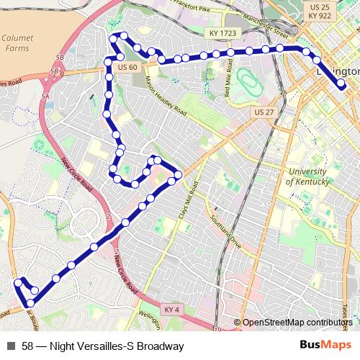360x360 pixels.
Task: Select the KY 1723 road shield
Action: coord(223,34)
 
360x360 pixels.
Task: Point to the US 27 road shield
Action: coord(264,112)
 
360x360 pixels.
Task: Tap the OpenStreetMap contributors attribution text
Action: coord(297,323)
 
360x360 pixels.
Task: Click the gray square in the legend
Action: coord(11,346)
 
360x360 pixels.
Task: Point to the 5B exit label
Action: coord(59,55)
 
